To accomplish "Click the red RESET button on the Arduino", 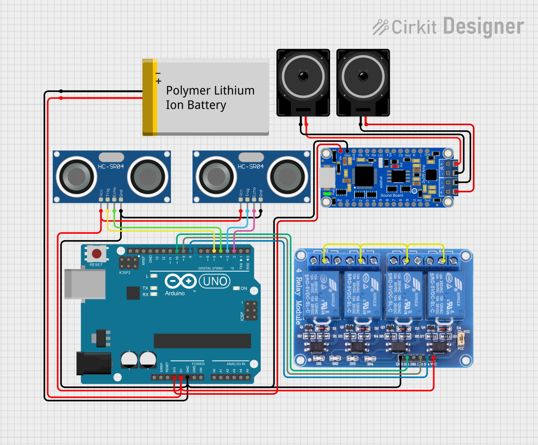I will click(97, 254).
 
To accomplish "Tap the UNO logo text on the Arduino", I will click(215, 281).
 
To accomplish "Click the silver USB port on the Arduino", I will click(85, 284).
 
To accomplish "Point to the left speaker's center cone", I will click(303, 77).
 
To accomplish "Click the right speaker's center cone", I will click(363, 77).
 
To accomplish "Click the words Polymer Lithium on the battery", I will click(210, 91).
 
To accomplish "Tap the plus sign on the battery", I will click(158, 81).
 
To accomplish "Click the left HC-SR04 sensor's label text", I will click(111, 167).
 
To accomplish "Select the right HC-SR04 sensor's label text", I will click(250, 167).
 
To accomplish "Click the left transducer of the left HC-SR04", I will click(77, 176).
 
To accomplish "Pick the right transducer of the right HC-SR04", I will click(288, 176).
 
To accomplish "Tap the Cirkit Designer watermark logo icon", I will click(380, 27).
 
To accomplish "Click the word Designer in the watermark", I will click(483, 26).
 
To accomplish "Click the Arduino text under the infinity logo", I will click(175, 293).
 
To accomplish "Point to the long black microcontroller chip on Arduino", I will click(202, 341).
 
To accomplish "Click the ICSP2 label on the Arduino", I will click(125, 273).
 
